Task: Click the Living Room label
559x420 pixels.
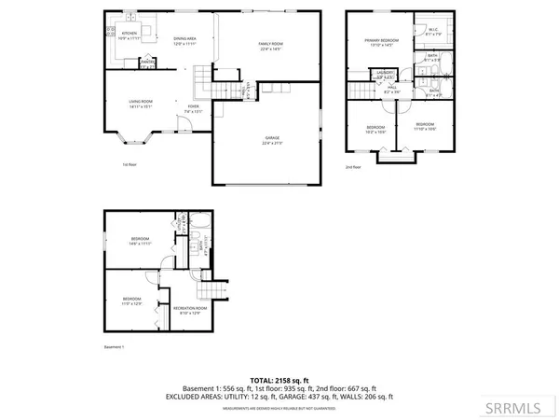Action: click(141, 103)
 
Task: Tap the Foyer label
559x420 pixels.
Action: click(194, 107)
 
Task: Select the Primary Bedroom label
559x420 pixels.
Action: click(381, 43)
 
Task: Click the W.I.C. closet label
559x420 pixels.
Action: click(433, 31)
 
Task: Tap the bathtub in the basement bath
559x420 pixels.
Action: click(203, 228)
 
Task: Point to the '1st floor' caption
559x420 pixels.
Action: click(130, 164)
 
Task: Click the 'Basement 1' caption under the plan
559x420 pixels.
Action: click(114, 346)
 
